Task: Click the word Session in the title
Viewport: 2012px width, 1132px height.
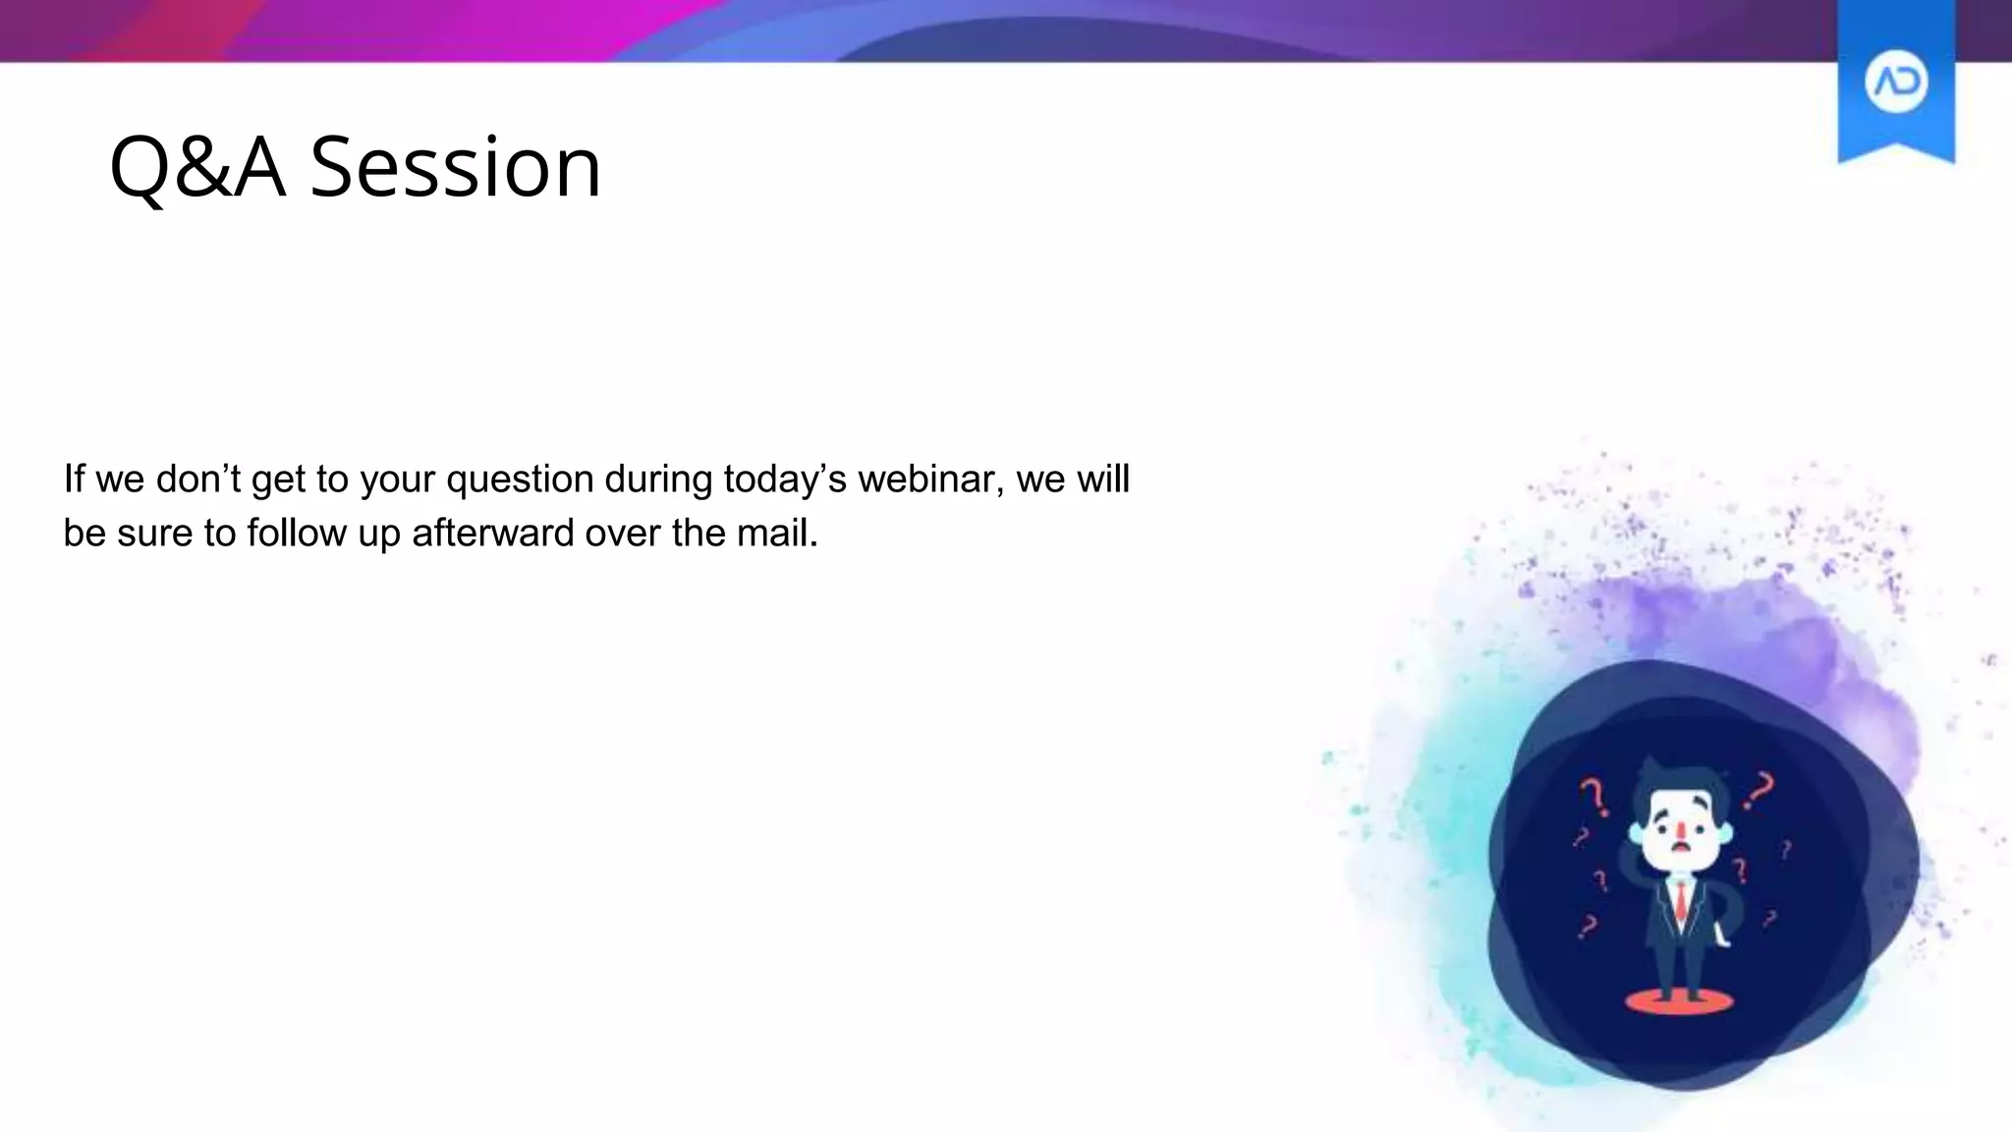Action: (455, 167)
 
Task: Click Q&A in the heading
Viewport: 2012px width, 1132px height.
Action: (197, 167)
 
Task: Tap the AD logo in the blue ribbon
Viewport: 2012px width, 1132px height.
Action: (1896, 83)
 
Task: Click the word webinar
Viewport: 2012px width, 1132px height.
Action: (930, 480)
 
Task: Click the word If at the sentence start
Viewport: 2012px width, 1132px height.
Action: (74, 480)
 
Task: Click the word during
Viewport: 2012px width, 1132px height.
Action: (658, 480)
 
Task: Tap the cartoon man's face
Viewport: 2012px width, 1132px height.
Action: (1681, 831)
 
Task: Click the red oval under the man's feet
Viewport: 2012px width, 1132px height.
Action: (1679, 1001)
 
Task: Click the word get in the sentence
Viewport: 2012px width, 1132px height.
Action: (278, 480)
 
